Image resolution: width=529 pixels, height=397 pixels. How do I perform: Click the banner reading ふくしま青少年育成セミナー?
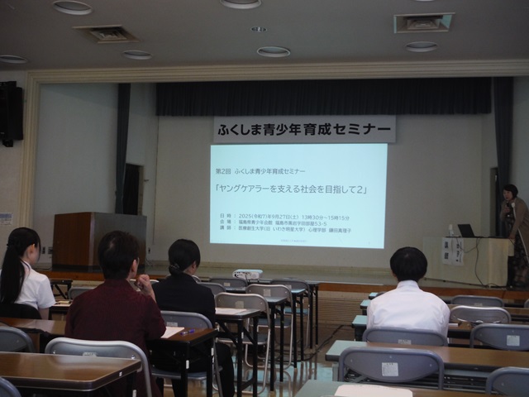(303, 129)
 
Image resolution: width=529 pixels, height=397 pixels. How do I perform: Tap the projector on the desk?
(248, 274)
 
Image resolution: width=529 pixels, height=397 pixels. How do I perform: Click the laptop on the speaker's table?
(467, 231)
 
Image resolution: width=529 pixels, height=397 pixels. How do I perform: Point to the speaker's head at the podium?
(510, 192)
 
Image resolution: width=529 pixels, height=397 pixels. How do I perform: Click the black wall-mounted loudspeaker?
(10, 112)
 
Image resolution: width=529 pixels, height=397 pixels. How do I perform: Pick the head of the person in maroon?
(117, 256)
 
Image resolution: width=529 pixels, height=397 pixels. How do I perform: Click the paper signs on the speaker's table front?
(452, 251)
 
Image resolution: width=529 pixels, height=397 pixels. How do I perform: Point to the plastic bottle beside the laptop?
(451, 230)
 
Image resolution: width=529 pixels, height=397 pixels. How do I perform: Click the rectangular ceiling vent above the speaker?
(424, 22)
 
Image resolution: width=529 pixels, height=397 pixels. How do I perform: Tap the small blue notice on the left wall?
(6, 219)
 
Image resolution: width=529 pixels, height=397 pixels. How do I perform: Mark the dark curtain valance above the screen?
(323, 96)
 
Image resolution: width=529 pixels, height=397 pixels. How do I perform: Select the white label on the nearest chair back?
(389, 368)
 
